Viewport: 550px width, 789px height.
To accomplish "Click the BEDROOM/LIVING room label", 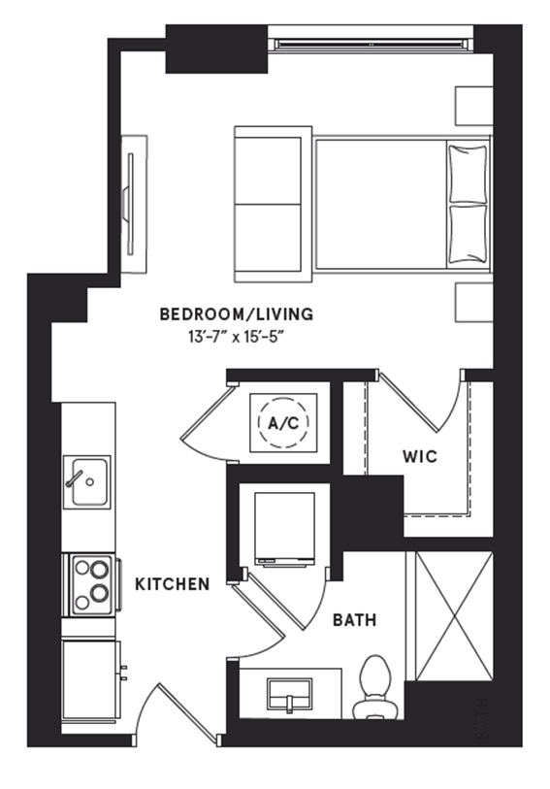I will pos(236,314).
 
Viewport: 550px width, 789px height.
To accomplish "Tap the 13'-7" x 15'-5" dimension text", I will pos(236,337).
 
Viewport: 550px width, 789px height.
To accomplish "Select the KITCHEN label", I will pos(172,584).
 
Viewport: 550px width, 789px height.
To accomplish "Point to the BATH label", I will pos(354,619).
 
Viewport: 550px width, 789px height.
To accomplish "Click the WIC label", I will pos(419,456).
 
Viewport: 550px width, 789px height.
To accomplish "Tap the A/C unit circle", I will pos(283,422).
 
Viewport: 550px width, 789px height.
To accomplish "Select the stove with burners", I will pos(91,584).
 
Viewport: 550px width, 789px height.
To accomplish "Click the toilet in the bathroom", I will pos(373,687).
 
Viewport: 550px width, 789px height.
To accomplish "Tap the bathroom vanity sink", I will pos(289,693).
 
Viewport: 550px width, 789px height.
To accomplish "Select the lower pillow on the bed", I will pos(467,233).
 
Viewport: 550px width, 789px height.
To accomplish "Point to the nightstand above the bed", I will pos(473,105).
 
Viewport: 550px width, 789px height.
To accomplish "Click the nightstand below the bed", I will pos(473,301).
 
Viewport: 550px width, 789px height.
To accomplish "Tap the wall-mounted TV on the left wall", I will pos(130,195).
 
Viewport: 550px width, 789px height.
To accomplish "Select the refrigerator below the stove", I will pos(90,679).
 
